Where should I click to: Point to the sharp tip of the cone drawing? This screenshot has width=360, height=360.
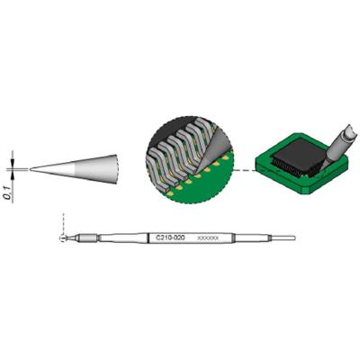pyautogui.click(x=31, y=167)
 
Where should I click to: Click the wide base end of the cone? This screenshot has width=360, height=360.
pyautogui.click(x=116, y=166)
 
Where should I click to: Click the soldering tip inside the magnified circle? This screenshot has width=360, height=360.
pyautogui.click(x=216, y=144)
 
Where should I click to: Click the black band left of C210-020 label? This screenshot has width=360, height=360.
pyautogui.click(x=148, y=238)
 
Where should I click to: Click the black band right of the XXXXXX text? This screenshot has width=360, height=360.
pyautogui.click(x=233, y=238)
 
